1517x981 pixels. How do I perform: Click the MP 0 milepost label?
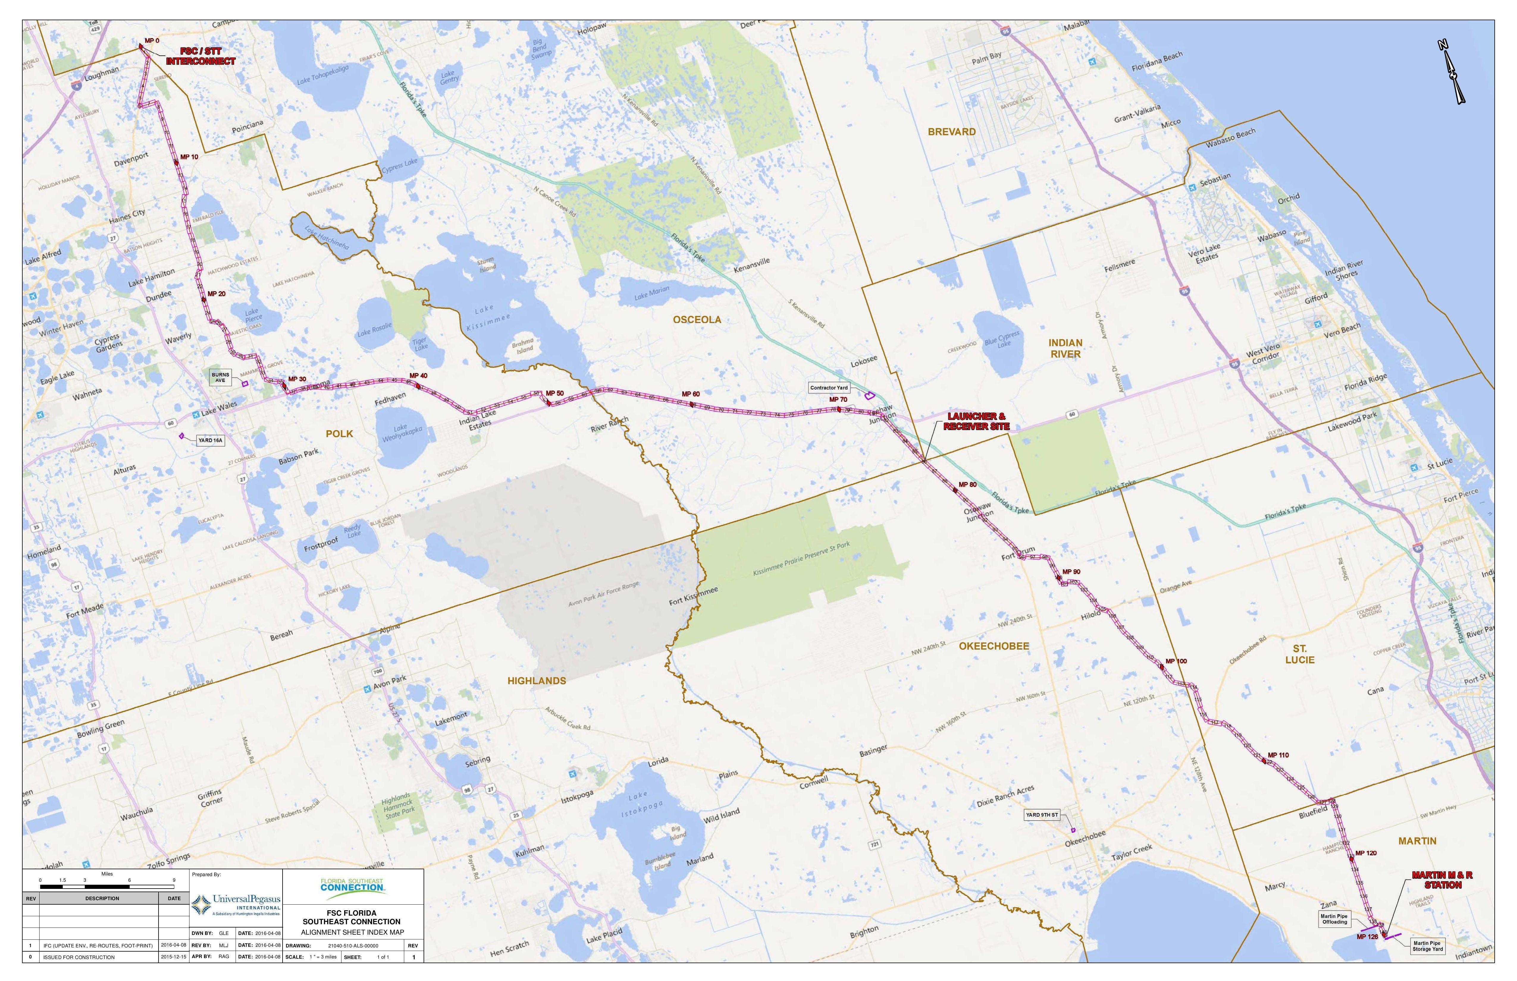tap(152, 41)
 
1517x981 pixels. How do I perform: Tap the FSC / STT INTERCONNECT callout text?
tap(201, 56)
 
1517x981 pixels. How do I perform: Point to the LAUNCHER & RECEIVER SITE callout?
tap(977, 421)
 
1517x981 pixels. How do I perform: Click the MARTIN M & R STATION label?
tap(1442, 880)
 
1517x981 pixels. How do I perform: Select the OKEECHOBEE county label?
tap(994, 646)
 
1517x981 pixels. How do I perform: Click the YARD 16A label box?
tap(210, 440)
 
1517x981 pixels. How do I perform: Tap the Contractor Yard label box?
tap(829, 387)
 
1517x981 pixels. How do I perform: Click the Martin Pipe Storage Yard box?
tap(1427, 946)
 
